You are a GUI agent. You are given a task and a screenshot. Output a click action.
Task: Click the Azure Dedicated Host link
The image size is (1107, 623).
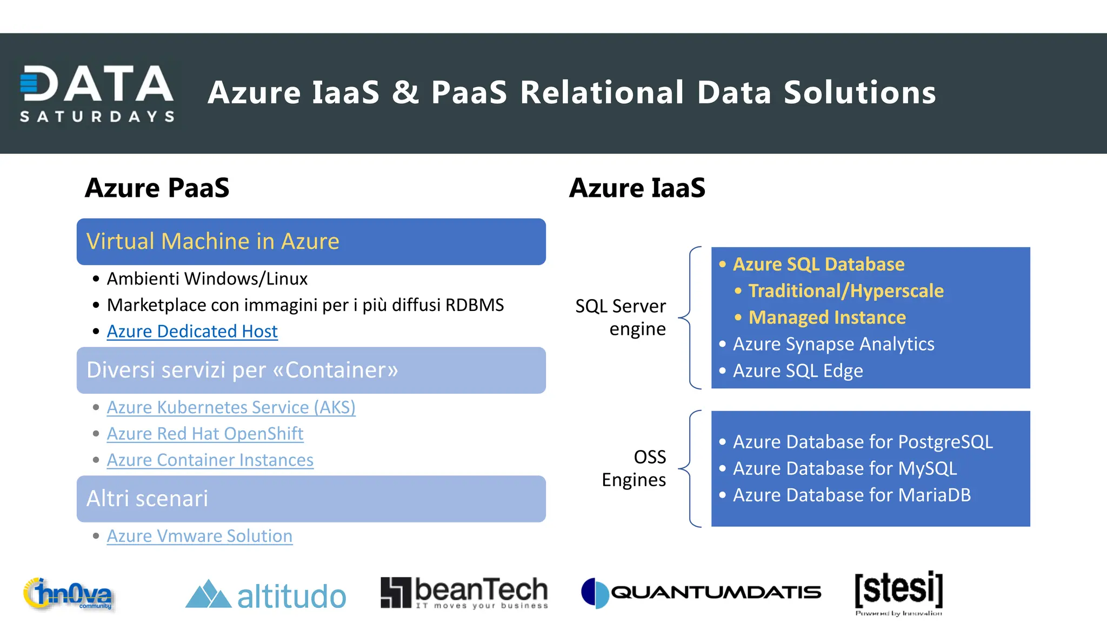click(x=192, y=331)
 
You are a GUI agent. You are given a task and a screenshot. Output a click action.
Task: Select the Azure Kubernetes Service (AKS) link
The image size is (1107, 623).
click(x=231, y=407)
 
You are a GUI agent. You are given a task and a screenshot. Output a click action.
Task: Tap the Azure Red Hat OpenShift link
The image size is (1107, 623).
click(x=205, y=434)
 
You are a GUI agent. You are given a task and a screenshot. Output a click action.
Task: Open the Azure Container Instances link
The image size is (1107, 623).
click(x=210, y=460)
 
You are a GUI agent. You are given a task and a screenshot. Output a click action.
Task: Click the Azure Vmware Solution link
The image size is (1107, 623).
click(x=199, y=536)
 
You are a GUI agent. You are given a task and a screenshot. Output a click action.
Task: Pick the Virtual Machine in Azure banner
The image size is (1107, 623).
click(x=311, y=242)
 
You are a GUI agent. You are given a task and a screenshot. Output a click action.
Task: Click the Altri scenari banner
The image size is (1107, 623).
click(x=311, y=499)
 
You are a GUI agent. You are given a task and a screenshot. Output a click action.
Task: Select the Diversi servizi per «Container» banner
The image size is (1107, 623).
click(x=311, y=370)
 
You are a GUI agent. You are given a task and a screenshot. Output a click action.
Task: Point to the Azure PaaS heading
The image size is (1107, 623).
click(x=157, y=188)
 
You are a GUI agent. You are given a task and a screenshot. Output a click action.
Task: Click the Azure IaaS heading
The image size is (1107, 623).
click(x=637, y=188)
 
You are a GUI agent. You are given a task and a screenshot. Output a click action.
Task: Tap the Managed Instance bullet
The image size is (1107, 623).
click(x=826, y=317)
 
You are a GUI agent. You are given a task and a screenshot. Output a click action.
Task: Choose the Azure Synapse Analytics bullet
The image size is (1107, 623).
click(x=833, y=344)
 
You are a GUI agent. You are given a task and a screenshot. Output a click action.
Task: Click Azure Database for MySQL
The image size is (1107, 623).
click(x=844, y=468)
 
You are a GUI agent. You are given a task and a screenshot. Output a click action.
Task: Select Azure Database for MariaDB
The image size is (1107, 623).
click(x=851, y=495)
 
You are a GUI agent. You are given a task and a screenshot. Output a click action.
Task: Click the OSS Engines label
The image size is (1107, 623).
click(x=635, y=468)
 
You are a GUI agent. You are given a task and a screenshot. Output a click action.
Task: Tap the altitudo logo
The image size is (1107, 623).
click(x=265, y=595)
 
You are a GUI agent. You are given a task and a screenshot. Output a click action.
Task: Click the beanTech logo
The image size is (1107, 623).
click(x=464, y=593)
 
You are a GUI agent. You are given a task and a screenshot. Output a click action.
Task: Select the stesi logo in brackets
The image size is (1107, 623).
click(x=898, y=592)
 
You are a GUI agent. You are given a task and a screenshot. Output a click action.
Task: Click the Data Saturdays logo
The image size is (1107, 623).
click(x=97, y=93)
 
